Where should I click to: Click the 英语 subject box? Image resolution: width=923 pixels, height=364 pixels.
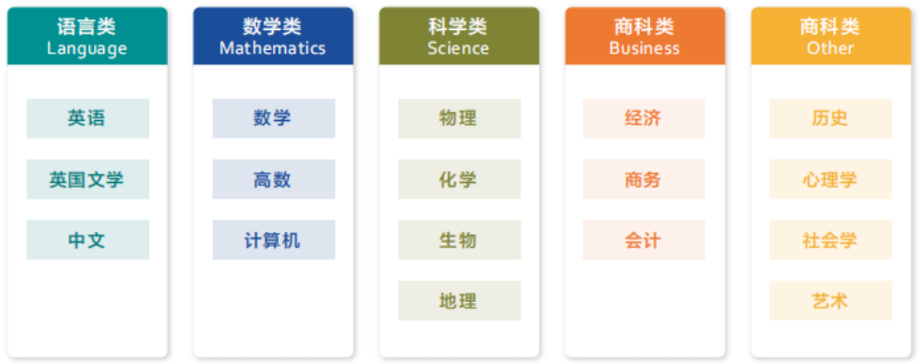87,118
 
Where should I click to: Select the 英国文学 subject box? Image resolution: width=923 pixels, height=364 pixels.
87,179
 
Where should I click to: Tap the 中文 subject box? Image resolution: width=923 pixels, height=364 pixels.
87,240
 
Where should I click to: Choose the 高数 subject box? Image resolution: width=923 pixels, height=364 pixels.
273,179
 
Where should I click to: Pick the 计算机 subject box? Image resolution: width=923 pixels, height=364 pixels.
273,240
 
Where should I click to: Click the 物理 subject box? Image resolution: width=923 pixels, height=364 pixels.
459,118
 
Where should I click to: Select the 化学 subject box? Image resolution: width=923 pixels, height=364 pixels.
459,179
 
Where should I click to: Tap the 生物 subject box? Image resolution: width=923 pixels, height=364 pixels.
459,240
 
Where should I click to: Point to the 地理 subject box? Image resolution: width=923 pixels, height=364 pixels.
459,301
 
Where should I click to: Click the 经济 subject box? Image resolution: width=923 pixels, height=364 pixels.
643,118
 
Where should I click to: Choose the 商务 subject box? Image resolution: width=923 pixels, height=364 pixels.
643,179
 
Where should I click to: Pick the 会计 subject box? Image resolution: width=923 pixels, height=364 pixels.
643,240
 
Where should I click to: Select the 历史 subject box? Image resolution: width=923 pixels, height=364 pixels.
830,118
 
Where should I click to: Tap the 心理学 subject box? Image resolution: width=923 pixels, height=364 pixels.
830,179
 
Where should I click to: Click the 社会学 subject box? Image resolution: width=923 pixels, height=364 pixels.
830,240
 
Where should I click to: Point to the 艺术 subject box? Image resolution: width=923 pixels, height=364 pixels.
830,301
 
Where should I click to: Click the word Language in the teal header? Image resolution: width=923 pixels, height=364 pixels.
87,48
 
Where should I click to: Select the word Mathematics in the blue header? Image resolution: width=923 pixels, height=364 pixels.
273,48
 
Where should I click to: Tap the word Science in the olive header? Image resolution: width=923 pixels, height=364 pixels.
459,48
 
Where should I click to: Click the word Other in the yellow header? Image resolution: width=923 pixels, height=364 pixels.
830,48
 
